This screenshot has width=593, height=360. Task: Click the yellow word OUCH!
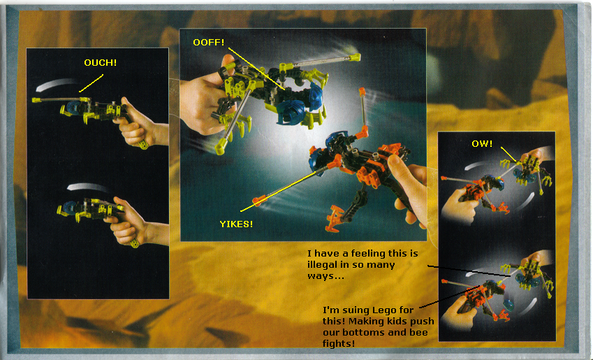[100, 62]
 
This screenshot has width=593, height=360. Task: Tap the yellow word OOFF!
[208, 43]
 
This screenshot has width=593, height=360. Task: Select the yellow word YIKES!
[236, 224]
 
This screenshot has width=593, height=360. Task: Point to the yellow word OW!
[482, 144]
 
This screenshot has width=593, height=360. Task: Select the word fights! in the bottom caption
[339, 344]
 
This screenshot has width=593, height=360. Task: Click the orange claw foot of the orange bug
[336, 218]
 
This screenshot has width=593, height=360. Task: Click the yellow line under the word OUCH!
[91, 83]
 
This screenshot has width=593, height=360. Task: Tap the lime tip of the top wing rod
[354, 57]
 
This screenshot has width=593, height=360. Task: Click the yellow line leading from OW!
[508, 154]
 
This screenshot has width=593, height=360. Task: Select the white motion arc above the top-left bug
[57, 85]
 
